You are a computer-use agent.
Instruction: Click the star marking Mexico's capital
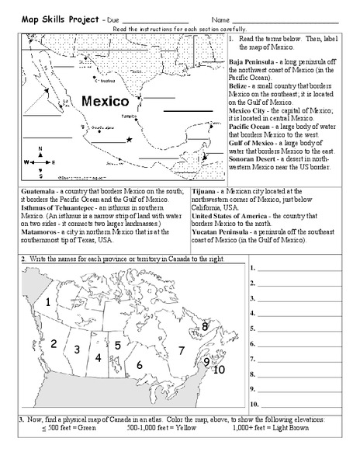[x=129, y=139]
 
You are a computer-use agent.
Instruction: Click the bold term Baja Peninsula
[x=251, y=61]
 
